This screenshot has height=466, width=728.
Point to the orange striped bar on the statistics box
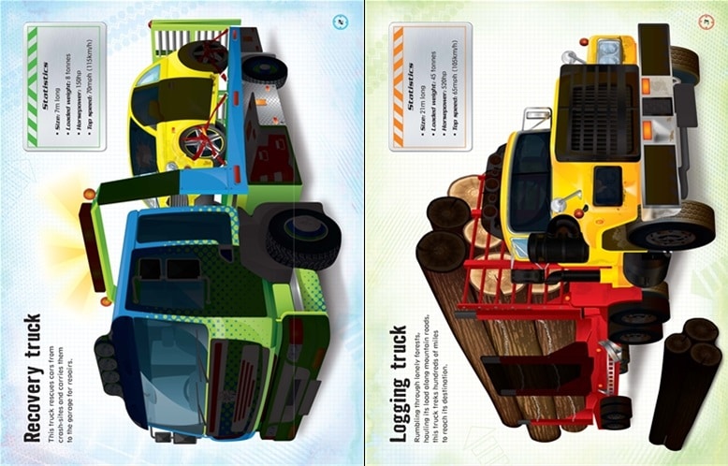click(x=397, y=85)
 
